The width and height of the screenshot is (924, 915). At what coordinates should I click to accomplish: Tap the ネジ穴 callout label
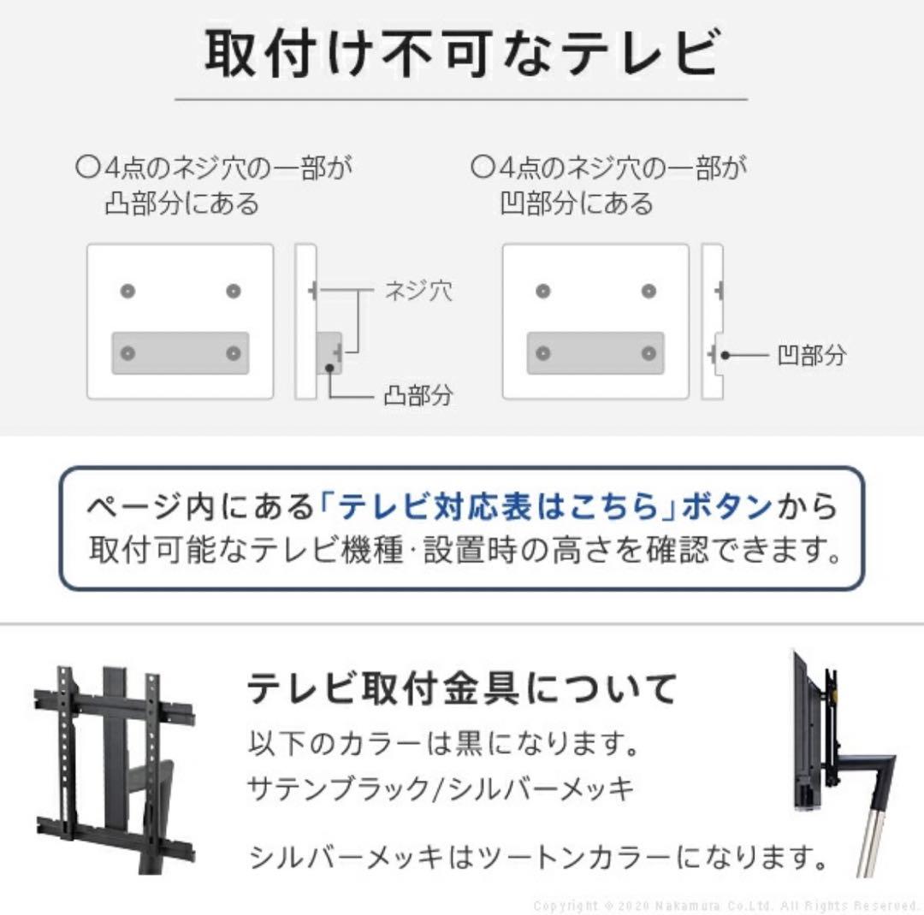pyautogui.click(x=418, y=291)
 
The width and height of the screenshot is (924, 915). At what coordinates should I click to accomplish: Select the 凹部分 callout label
pyautogui.click(x=811, y=354)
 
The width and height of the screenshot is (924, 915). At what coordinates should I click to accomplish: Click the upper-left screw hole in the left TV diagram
pyautogui.click(x=128, y=292)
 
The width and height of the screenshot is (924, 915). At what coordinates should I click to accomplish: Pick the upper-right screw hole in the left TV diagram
pyautogui.click(x=233, y=292)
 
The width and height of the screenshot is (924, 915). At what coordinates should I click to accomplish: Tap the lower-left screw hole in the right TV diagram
pyautogui.click(x=542, y=353)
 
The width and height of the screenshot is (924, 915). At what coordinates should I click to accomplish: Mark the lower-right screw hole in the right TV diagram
pyautogui.click(x=648, y=353)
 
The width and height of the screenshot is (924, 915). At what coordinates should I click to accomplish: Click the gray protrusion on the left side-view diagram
pyautogui.click(x=330, y=352)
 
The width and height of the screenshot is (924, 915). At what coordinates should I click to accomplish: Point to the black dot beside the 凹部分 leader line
pyautogui.click(x=723, y=353)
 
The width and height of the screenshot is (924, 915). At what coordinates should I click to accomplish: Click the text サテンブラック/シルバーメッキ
pyautogui.click(x=441, y=788)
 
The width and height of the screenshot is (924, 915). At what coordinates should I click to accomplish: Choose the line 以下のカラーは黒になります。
pyautogui.click(x=444, y=741)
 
